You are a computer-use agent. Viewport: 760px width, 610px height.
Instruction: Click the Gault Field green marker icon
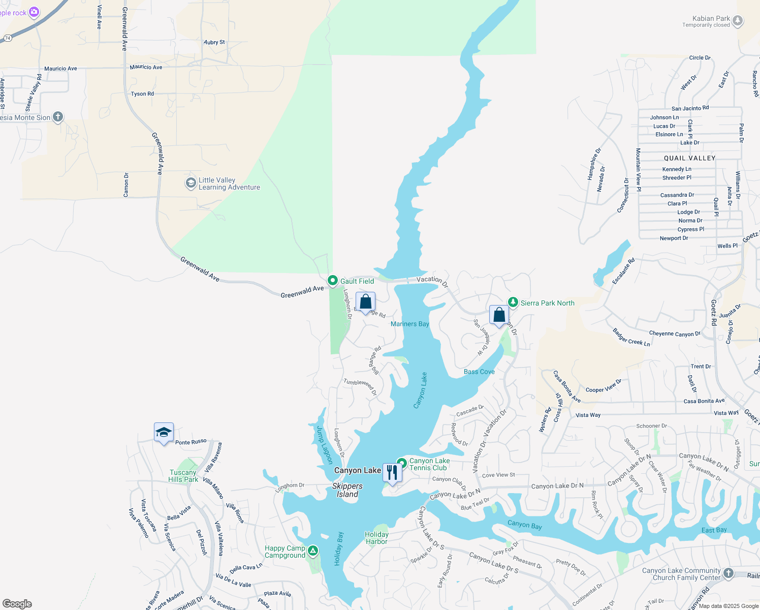333,281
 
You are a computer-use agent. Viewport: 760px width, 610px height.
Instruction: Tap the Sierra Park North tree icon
513,302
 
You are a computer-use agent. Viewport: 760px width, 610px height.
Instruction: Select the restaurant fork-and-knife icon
392,472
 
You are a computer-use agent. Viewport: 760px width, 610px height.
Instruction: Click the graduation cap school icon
164,433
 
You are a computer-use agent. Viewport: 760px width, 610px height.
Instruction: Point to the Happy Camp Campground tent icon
313,551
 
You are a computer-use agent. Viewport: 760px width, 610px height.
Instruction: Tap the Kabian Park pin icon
738,21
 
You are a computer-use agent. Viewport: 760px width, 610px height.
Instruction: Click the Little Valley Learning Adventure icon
191,183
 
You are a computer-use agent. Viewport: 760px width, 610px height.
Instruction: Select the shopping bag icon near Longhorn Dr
366,302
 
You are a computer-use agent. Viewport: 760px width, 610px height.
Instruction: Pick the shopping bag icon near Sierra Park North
499,315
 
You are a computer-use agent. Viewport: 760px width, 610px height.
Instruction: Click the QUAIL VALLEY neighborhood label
689,158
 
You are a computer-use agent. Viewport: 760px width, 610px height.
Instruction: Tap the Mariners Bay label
409,324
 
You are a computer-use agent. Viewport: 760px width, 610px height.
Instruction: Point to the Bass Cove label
479,372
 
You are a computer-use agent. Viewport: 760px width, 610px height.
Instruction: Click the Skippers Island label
347,490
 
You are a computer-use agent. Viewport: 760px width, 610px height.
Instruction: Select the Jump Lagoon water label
324,445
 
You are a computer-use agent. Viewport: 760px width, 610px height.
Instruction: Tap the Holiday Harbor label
376,538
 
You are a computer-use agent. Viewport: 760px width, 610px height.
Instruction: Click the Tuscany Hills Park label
183,476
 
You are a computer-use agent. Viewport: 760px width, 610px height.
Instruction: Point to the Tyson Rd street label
142,94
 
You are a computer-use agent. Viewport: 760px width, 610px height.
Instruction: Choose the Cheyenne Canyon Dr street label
675,334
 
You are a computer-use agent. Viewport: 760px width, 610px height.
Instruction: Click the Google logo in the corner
17,604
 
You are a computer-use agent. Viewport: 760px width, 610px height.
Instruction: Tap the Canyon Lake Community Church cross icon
729,573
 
